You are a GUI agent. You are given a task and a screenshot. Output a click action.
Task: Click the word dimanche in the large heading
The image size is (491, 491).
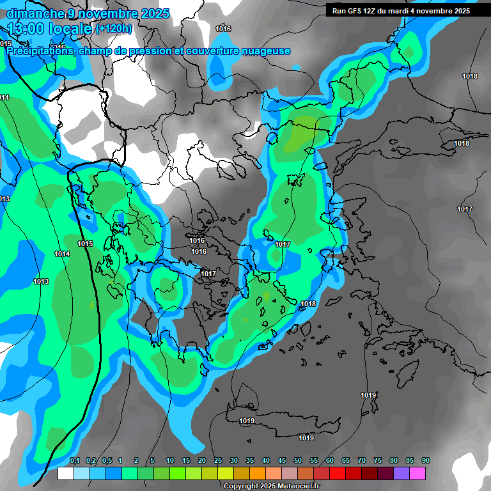[x=35, y=13]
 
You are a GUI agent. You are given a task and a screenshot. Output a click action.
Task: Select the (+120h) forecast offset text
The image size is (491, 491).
[x=114, y=29]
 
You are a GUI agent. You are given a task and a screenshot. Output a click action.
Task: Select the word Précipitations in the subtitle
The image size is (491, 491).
[x=38, y=51]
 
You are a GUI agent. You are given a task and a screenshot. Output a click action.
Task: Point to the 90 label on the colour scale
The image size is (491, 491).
[x=426, y=461]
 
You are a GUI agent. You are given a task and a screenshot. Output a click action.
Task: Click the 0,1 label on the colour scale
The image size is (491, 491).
[x=75, y=461]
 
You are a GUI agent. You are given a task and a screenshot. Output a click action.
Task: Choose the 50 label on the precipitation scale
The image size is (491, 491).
[x=298, y=461]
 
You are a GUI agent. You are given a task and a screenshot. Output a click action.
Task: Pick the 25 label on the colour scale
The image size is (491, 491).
[x=218, y=461]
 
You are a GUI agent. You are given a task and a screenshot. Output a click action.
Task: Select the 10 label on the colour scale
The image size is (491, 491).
[x=170, y=461]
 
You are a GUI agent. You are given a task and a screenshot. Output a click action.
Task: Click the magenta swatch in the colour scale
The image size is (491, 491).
[x=417, y=473]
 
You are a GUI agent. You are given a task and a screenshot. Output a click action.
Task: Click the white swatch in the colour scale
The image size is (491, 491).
[x=66, y=473]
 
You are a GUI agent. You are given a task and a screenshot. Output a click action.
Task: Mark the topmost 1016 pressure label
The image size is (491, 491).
[x=223, y=29]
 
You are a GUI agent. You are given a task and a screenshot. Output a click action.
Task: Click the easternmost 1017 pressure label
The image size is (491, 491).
[x=465, y=210]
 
